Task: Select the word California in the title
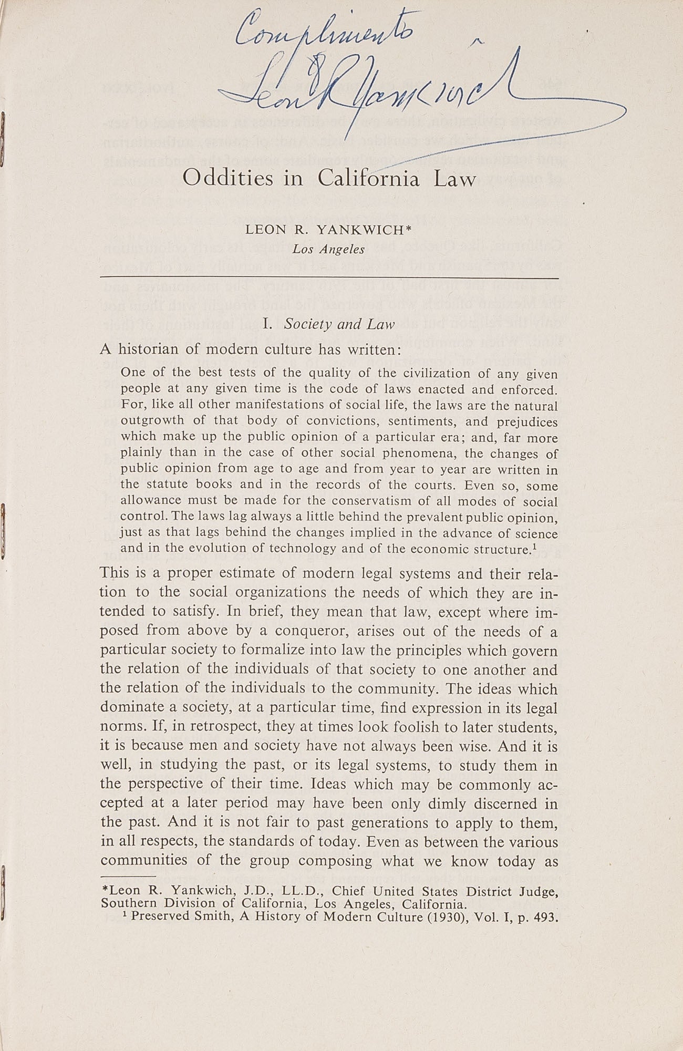pos(369,178)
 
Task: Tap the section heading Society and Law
pos(339,324)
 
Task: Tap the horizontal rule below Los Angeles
pos(329,277)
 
